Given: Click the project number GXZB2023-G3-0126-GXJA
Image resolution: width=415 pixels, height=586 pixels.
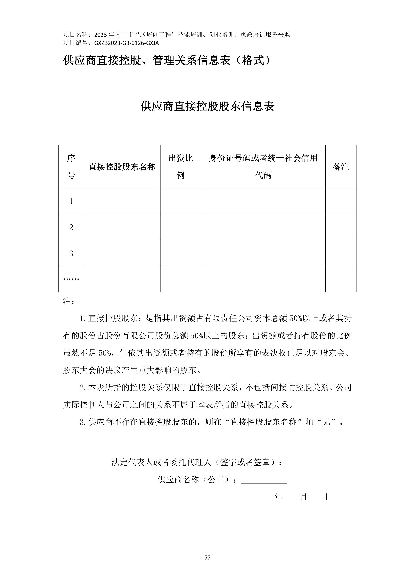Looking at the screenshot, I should coord(126,43).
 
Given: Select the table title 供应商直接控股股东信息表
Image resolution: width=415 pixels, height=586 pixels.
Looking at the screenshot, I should coord(207,106).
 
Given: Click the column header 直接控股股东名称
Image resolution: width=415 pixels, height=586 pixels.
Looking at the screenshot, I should coord(122,167).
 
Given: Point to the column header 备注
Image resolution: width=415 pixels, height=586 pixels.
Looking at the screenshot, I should coord(341,167).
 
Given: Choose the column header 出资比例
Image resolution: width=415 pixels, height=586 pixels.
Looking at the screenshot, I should coord(180,167).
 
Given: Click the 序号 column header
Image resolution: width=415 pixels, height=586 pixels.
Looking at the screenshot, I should coord(71,167).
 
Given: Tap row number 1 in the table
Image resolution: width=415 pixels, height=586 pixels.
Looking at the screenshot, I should coord(71,202).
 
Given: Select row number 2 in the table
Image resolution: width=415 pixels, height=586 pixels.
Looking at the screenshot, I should coord(71,227).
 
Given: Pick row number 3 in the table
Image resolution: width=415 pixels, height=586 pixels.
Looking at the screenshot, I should coord(71,253).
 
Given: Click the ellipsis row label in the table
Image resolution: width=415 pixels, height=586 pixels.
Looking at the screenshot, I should coord(71,279).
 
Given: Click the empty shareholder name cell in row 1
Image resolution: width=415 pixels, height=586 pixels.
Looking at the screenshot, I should coord(122,201).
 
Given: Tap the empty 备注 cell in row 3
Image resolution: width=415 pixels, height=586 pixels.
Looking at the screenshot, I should coord(341,253).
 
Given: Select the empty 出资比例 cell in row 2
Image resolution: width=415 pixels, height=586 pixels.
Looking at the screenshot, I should coord(180,227).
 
